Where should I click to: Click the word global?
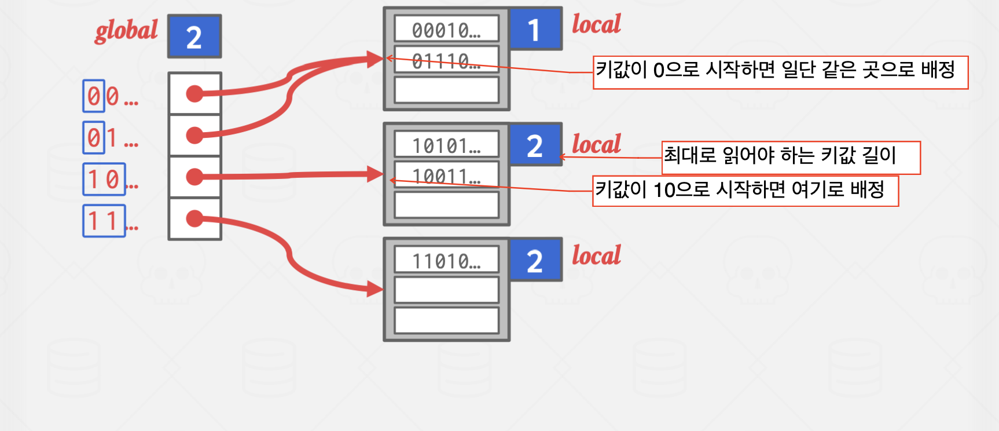click(126, 31)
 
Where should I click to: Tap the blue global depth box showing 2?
click(194, 36)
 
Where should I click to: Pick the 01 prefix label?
click(103, 138)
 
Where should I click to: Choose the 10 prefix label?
click(104, 180)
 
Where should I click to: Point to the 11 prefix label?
click(104, 221)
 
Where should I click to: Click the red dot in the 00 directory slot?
click(195, 93)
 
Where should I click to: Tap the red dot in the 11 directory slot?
click(195, 218)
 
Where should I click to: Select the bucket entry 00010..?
click(446, 30)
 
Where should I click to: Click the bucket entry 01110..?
click(446, 60)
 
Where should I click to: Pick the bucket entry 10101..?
click(446, 145)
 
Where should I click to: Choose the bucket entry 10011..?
click(446, 176)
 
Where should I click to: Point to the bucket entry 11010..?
click(446, 261)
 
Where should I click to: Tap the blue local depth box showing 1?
click(535, 30)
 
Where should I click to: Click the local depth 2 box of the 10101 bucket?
click(535, 145)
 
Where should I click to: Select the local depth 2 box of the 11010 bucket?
click(535, 261)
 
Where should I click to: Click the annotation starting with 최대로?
click(791, 157)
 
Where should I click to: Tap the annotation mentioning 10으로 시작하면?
click(745, 191)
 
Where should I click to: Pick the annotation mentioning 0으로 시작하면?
click(780, 72)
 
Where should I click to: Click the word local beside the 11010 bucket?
click(596, 255)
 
